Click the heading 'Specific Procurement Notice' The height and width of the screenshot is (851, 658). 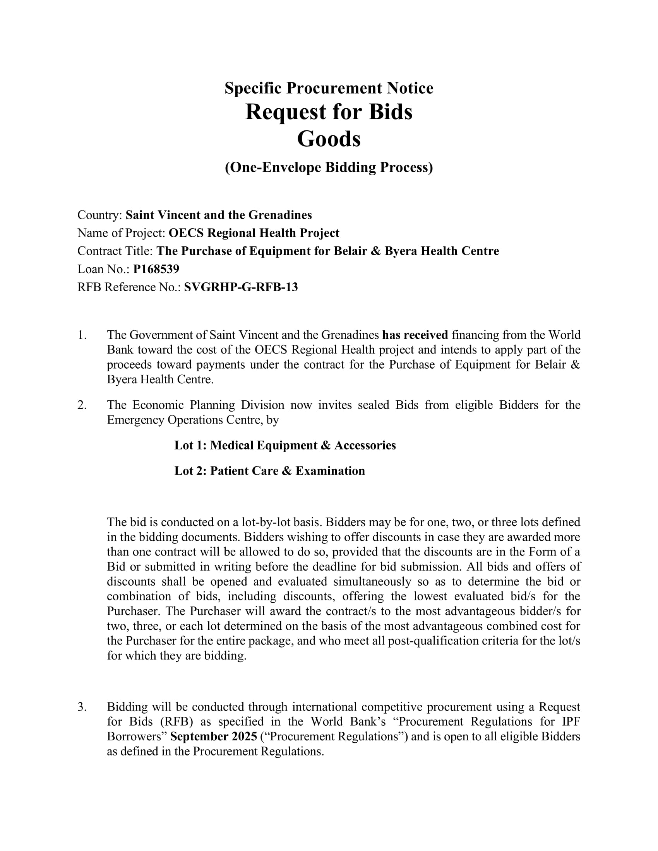(329, 88)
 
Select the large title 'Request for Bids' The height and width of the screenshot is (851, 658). (329, 112)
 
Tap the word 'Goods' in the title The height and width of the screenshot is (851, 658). (329, 139)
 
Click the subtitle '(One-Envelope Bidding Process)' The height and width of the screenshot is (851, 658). (329, 167)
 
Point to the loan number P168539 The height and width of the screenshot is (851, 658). (156, 269)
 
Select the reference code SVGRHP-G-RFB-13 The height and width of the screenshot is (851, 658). (241, 287)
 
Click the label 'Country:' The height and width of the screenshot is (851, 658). (100, 215)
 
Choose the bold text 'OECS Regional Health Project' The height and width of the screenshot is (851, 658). (254, 233)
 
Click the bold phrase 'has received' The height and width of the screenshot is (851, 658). (415, 335)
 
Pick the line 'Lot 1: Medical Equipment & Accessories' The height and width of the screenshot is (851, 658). (285, 445)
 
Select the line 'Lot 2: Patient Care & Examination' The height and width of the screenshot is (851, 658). (269, 471)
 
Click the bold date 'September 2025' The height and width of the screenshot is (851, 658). (214, 737)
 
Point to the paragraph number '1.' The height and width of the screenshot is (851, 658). (82, 335)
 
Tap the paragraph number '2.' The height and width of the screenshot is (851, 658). (82, 405)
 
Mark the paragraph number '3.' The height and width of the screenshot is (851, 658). (82, 707)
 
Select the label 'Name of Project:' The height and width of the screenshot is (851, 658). (122, 233)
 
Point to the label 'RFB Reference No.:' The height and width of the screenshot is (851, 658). (129, 287)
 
